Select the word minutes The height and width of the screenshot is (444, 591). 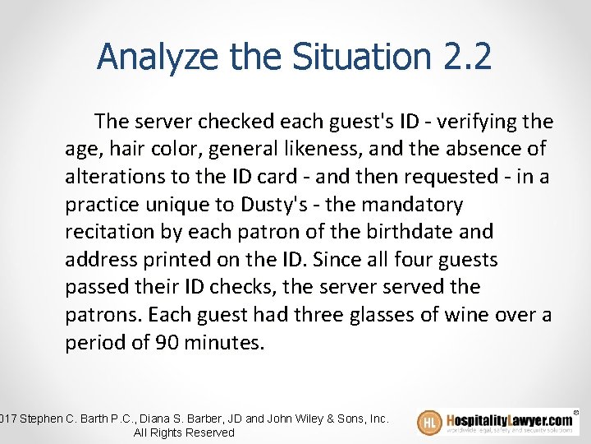(x=222, y=343)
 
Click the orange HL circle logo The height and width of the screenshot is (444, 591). (x=429, y=422)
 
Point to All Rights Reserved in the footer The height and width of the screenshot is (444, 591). (x=184, y=432)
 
